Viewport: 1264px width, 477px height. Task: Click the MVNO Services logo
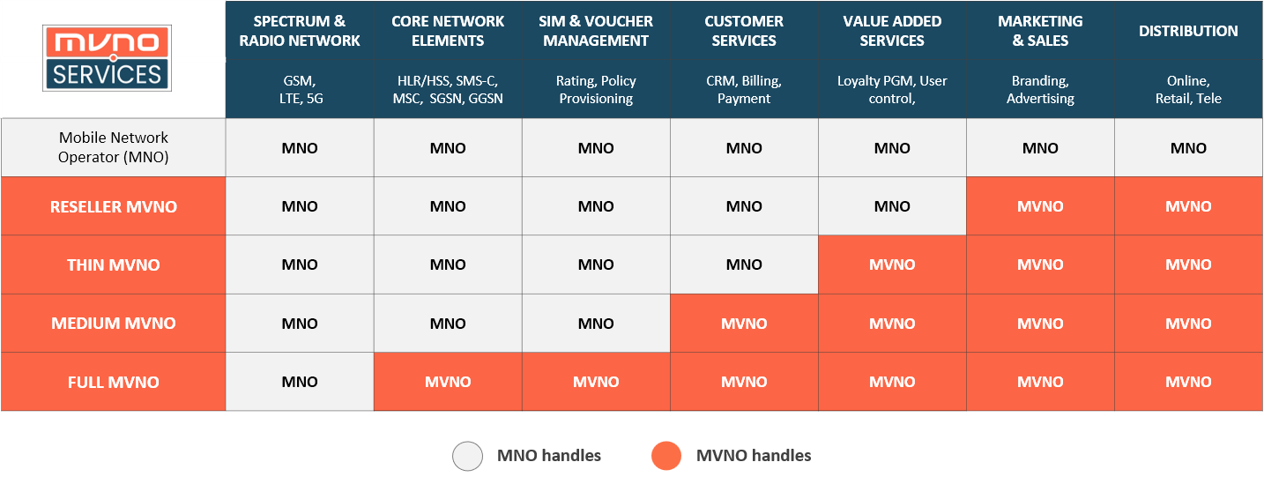pyautogui.click(x=107, y=58)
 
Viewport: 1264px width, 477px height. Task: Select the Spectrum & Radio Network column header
pyautogui.click(x=300, y=31)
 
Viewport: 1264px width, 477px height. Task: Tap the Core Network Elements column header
pyautogui.click(x=448, y=31)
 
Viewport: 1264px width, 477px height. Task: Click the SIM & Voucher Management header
pyautogui.click(x=596, y=31)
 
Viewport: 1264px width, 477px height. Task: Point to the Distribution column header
pyautogui.click(x=1188, y=31)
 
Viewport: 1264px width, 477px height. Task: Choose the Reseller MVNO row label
pyautogui.click(x=113, y=206)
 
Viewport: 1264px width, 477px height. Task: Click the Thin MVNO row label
pyautogui.click(x=113, y=265)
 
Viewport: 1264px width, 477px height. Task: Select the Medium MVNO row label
pyautogui.click(x=113, y=324)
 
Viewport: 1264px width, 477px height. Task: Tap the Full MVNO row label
pyautogui.click(x=113, y=382)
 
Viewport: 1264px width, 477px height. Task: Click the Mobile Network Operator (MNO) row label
pyautogui.click(x=113, y=147)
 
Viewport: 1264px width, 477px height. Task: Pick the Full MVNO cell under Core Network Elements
pyautogui.click(x=448, y=382)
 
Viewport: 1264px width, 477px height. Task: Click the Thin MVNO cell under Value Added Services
pyautogui.click(x=892, y=265)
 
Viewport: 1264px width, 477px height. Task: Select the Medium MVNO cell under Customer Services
pyautogui.click(x=744, y=324)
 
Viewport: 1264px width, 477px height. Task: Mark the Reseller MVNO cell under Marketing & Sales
pyautogui.click(x=1040, y=206)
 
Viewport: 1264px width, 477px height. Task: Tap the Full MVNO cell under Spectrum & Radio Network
pyautogui.click(x=300, y=382)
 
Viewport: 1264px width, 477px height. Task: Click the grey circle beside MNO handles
pyautogui.click(x=468, y=456)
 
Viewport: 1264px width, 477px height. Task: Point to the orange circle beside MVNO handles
pyautogui.click(x=666, y=456)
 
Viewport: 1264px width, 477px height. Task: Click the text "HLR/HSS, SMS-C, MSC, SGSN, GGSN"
pyautogui.click(x=448, y=89)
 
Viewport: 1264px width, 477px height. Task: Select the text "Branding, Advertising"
pyautogui.click(x=1040, y=89)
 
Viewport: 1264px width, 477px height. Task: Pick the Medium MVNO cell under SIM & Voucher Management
pyautogui.click(x=596, y=324)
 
